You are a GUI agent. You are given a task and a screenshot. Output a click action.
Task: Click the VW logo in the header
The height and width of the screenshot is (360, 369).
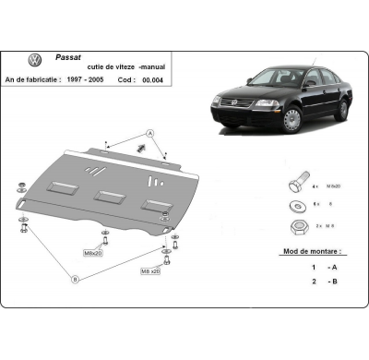35,61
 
